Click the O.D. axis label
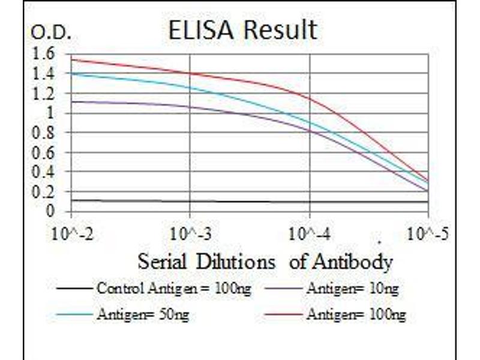(x=50, y=34)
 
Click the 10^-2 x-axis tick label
(x=72, y=233)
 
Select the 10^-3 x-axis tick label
(x=190, y=233)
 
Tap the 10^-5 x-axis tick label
(x=427, y=233)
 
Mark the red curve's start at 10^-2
(x=72, y=59)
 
